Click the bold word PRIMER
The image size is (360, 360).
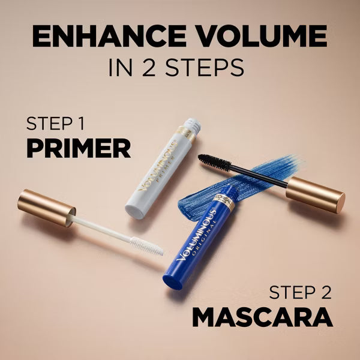tap(78, 148)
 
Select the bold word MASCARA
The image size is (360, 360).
tap(262, 316)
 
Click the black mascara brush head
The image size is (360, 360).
tap(214, 161)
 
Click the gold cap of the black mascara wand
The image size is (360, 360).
tap(315, 193)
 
